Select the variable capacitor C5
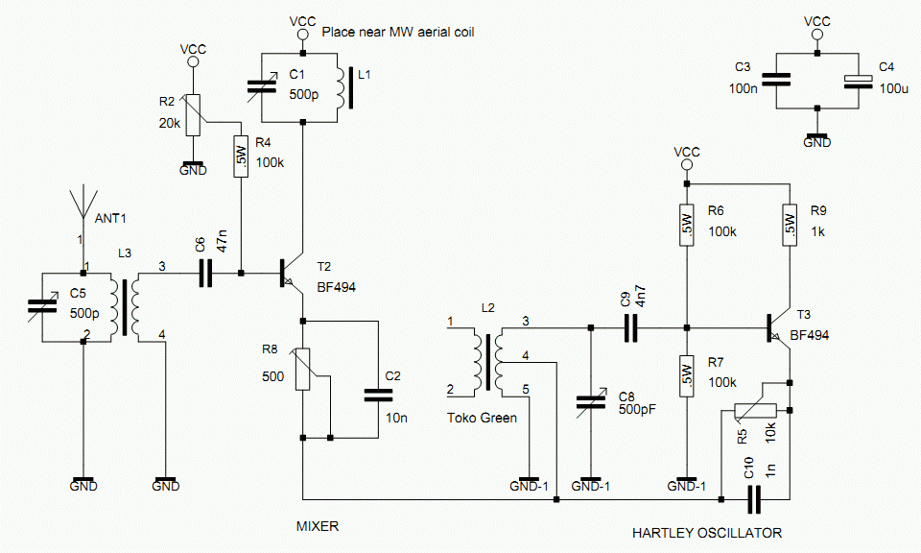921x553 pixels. pyautogui.click(x=43, y=306)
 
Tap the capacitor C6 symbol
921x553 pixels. pyautogui.click(x=205, y=274)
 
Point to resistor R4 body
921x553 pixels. pyautogui.click(x=241, y=156)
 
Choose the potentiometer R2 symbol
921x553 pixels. pyautogui.click(x=193, y=115)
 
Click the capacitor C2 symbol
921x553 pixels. pyautogui.click(x=378, y=395)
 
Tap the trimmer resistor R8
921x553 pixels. pyautogui.click(x=303, y=369)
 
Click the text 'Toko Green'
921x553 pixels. pyautogui.click(x=482, y=418)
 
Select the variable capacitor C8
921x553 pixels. pyautogui.click(x=590, y=402)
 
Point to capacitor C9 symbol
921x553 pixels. pyautogui.click(x=631, y=328)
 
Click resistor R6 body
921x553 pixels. pyautogui.click(x=686, y=225)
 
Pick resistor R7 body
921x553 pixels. pyautogui.click(x=686, y=376)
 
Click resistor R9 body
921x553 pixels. pyautogui.click(x=790, y=225)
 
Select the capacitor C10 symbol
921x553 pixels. pyautogui.click(x=754, y=499)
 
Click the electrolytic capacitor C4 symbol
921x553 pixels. pyautogui.click(x=858, y=82)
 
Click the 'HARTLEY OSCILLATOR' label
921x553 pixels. pyautogui.click(x=707, y=533)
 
